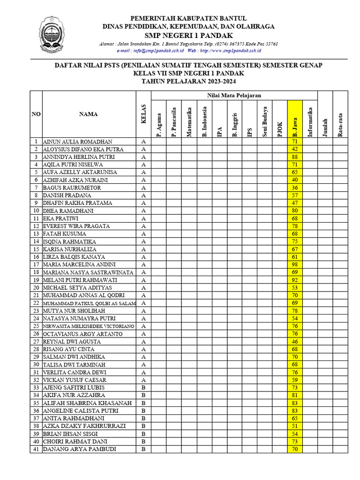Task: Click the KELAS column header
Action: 144,114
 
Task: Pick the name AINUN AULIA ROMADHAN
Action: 77,142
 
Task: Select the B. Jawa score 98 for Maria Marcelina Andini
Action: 295,264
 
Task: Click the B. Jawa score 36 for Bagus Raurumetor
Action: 295,187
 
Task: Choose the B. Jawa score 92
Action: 295,280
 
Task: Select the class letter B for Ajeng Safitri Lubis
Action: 144,388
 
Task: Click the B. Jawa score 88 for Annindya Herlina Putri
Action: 295,157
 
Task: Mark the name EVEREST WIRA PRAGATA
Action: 76,226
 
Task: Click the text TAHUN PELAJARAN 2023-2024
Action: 188,81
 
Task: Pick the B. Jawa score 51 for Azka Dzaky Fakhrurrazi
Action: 295,426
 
